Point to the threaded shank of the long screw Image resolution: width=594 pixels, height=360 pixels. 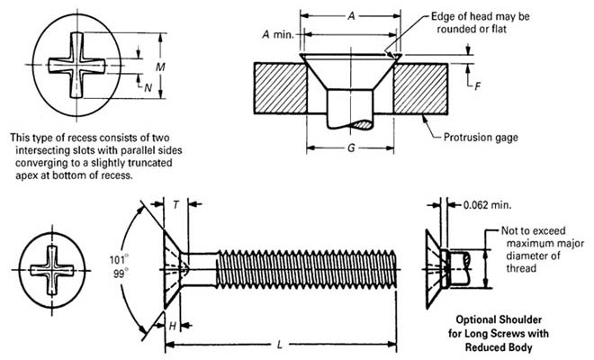[306, 269]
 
